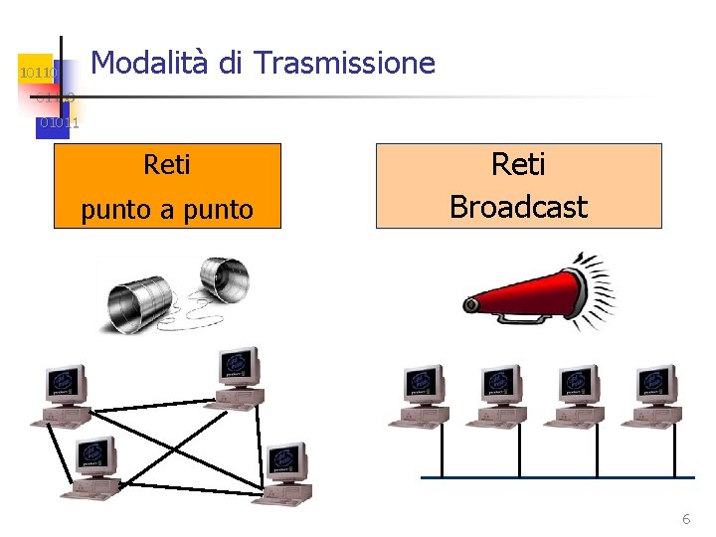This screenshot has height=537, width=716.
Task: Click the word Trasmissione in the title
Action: click(x=344, y=64)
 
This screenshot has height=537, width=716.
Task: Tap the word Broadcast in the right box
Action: click(x=518, y=206)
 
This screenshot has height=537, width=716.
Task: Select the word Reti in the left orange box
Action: click(x=167, y=164)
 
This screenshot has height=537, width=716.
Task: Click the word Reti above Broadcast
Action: click(x=518, y=164)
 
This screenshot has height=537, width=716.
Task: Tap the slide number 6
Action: click(x=685, y=519)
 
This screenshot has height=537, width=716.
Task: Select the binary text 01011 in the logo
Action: click(x=59, y=122)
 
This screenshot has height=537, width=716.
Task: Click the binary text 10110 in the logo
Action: click(x=38, y=73)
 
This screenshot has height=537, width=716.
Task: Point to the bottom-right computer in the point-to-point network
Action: click(x=283, y=473)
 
